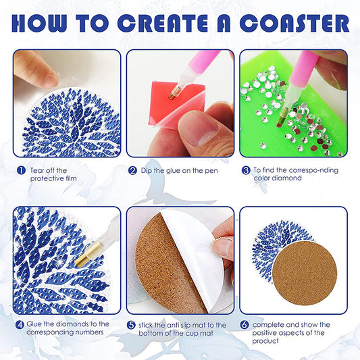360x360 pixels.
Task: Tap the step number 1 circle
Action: [21, 170]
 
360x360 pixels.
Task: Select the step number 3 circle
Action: [247, 170]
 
